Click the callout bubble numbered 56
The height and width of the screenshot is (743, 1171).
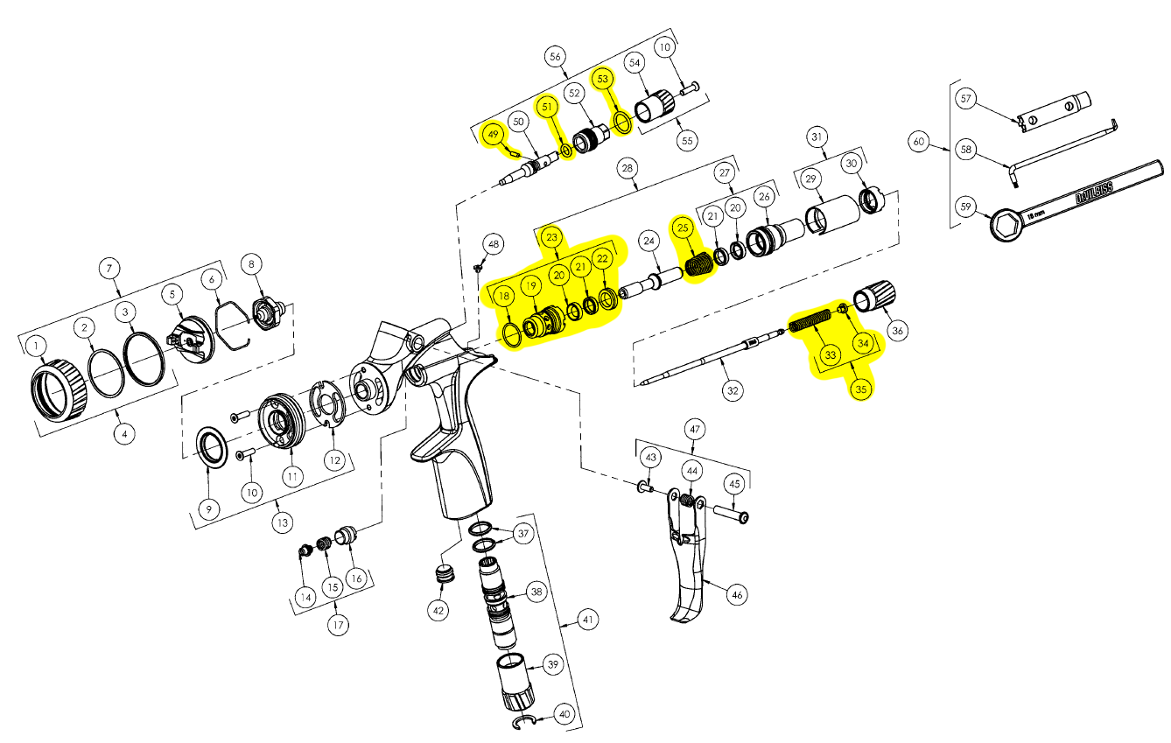(555, 57)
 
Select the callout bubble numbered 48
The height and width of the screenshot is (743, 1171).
(494, 243)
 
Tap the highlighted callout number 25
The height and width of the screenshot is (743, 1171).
(683, 228)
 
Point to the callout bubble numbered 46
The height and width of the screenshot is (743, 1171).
(737, 595)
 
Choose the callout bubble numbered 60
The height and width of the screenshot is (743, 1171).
(918, 141)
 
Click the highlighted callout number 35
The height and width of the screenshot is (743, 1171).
(861, 389)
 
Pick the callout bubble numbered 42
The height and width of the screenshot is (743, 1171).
(438, 610)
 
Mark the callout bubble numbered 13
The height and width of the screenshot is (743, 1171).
(283, 522)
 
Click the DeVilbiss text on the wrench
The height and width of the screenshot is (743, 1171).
(1095, 193)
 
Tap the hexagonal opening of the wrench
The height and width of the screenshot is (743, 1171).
(1005, 226)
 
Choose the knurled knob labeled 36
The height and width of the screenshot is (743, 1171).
(874, 296)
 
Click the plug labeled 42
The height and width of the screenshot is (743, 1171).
(445, 572)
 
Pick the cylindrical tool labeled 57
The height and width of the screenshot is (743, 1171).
(1053, 112)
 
